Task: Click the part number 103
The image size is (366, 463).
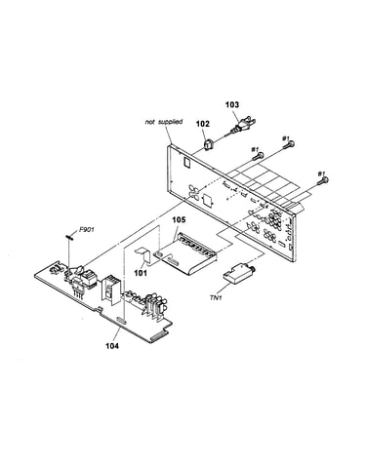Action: pyautogui.click(x=232, y=104)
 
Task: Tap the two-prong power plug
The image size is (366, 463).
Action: pyautogui.click(x=244, y=125)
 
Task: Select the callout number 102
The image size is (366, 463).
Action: pyautogui.click(x=202, y=124)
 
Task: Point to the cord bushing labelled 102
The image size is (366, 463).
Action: pyautogui.click(x=208, y=144)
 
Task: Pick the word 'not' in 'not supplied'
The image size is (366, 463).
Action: pyautogui.click(x=150, y=122)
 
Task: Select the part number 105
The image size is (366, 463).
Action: pyautogui.click(x=179, y=220)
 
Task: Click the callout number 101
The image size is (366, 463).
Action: pyautogui.click(x=141, y=272)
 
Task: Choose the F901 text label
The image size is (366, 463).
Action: pyautogui.click(x=87, y=230)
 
